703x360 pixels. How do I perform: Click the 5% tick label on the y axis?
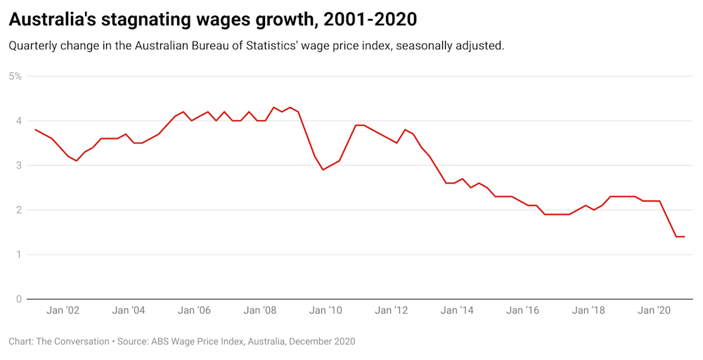[x=15, y=76]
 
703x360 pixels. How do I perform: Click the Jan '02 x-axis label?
[x=63, y=310]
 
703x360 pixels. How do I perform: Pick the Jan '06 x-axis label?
[x=195, y=310]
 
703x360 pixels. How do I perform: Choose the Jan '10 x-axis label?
[x=326, y=310]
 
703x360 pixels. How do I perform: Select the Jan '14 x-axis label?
[x=458, y=310]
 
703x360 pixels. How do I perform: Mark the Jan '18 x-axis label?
[x=589, y=310]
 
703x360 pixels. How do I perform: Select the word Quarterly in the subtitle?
[x=34, y=46]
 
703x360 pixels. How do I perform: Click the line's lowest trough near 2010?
[x=323, y=169]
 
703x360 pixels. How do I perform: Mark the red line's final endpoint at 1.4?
[x=684, y=236]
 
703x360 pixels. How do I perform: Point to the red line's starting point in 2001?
[x=35, y=129]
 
